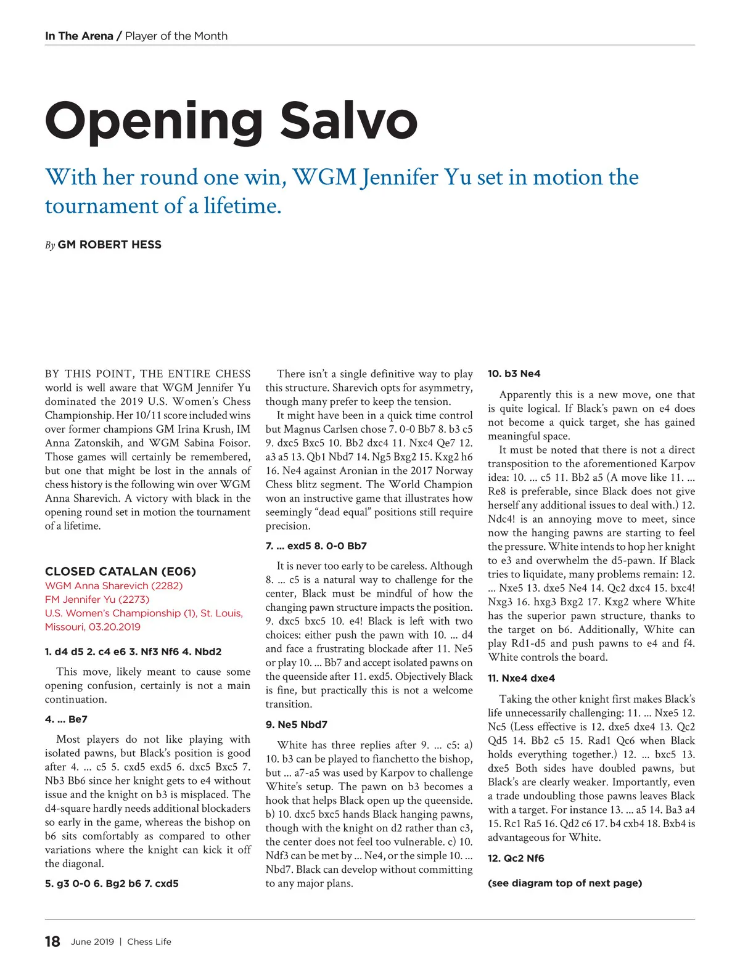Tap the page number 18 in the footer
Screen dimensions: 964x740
52,941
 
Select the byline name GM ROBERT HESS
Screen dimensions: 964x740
109,245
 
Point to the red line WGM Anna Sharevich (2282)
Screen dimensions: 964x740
113,586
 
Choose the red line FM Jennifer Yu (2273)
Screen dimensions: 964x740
97,599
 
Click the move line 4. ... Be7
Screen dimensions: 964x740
66,719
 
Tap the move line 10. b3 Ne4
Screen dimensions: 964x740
514,374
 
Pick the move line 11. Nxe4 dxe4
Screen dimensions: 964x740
521,678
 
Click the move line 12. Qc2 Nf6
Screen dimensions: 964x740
516,858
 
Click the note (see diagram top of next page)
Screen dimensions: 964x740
564,883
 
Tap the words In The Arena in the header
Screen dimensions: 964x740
79,36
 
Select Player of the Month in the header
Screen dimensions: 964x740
176,36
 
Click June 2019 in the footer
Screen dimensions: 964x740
92,942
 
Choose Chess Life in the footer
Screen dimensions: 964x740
149,942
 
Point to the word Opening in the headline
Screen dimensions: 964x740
154,121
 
